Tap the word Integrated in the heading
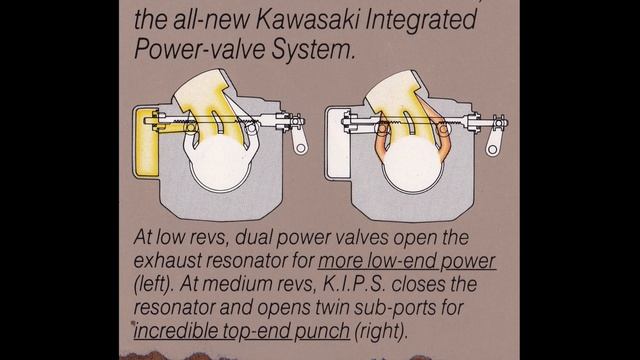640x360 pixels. point(421,21)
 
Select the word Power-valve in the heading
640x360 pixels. point(200,49)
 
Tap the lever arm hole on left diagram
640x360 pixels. point(301,148)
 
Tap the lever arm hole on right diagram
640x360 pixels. point(493,149)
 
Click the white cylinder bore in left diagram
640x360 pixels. point(221,163)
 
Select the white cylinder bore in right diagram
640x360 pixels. point(413,164)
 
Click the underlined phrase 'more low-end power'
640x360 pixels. point(407,261)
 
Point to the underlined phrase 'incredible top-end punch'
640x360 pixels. point(242,330)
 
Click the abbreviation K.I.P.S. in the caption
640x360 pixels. point(354,284)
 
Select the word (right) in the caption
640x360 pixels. point(381,331)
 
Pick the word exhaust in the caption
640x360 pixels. point(167,261)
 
